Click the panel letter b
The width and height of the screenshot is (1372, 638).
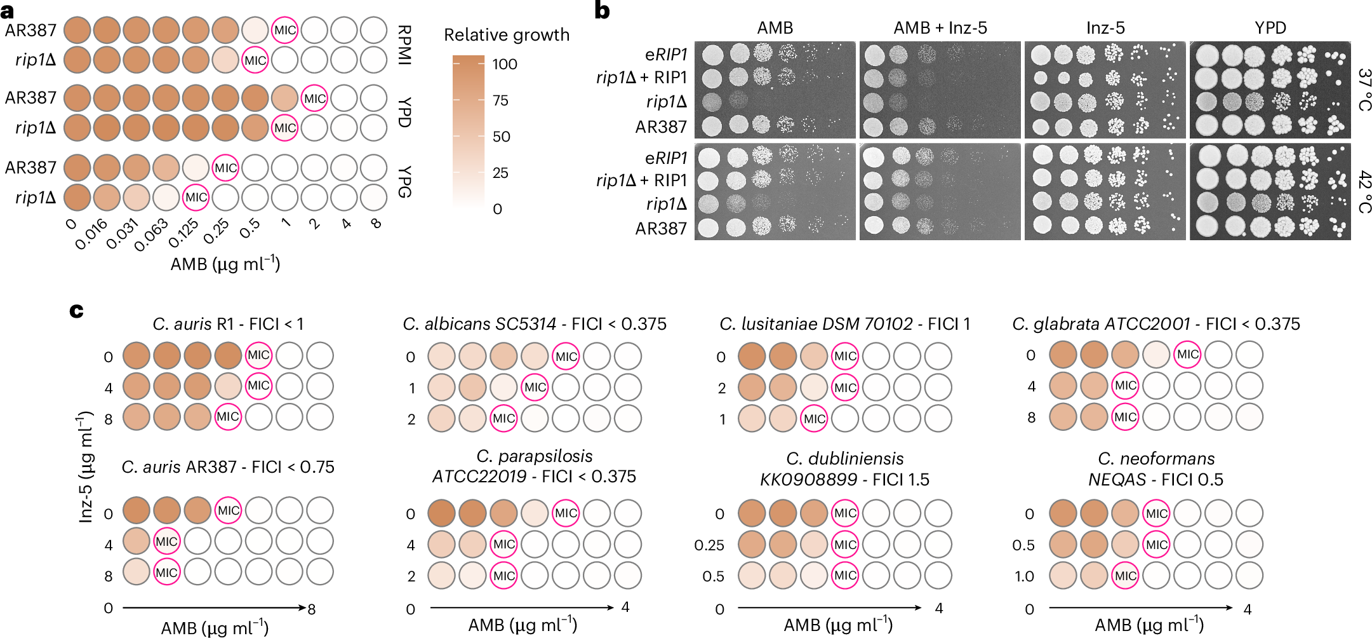pos(601,11)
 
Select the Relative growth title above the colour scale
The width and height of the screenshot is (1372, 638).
pos(506,35)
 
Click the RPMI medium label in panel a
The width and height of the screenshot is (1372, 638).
pos(404,45)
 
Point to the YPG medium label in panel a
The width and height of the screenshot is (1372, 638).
pos(404,182)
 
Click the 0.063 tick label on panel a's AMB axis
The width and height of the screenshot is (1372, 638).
pos(151,234)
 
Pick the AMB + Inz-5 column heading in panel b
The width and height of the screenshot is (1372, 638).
pos(940,28)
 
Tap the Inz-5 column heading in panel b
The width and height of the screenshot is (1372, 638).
pos(1105,28)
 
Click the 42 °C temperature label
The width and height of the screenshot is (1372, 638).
pos(1364,192)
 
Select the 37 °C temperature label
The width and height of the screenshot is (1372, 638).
pos(1364,90)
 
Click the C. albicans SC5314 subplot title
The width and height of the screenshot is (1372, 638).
pos(535,324)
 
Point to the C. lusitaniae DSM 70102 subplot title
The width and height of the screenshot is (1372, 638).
pos(844,324)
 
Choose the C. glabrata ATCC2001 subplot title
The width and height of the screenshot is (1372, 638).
pos(1156,324)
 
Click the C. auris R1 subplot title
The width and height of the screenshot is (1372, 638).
pos(228,324)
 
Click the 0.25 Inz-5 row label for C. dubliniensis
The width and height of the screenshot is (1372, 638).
pos(709,545)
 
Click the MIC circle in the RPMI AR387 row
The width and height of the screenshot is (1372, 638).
pos(284,30)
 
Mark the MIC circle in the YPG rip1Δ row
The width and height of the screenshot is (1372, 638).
pos(196,198)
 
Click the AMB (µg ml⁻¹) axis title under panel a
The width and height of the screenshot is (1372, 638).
pos(225,264)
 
